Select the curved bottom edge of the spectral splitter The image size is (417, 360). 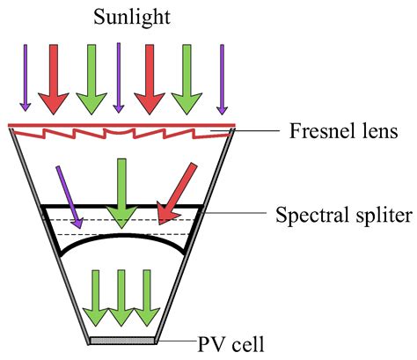[123, 236]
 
